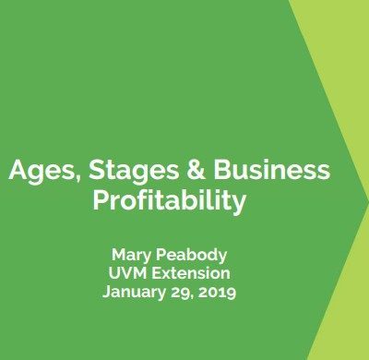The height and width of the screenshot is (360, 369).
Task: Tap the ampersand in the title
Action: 196,170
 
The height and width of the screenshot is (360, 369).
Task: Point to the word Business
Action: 272,170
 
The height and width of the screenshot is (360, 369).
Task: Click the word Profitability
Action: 170,201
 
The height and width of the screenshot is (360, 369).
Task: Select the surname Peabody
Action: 191,256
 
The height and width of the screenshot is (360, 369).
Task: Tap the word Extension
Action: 191,273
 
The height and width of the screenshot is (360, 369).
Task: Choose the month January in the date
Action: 134,293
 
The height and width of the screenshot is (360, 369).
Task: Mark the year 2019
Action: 217,293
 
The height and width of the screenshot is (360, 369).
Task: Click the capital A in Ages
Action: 19,170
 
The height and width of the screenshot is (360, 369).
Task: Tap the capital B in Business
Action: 222,170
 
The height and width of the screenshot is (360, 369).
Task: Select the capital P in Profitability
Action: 101,200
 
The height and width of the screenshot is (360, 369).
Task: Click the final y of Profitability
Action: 239,203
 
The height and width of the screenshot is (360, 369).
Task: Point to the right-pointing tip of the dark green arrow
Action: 368,200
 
